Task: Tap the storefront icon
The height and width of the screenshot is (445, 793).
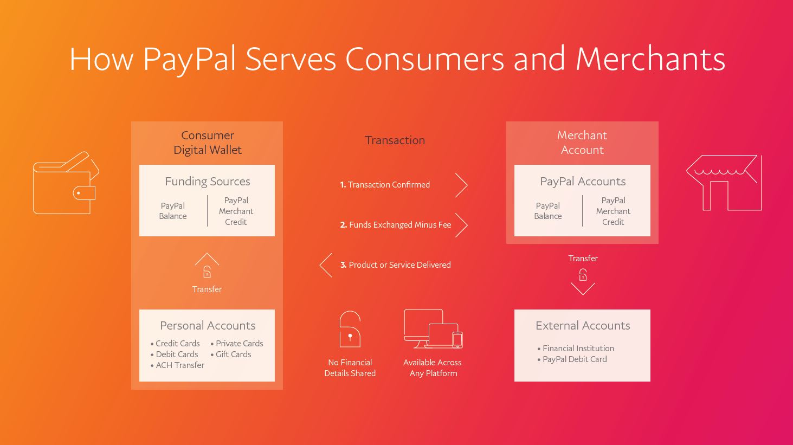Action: (724, 183)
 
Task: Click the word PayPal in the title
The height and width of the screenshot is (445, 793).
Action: (189, 59)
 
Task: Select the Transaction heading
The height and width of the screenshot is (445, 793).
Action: (395, 140)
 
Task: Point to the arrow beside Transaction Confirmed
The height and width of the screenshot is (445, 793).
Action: (461, 185)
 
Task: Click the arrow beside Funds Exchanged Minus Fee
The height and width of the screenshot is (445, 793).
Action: (461, 225)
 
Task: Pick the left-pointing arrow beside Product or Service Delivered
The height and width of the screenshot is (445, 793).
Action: (326, 265)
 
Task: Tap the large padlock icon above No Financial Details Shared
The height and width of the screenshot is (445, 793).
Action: (350, 329)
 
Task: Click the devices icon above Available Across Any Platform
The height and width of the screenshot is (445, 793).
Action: (433, 329)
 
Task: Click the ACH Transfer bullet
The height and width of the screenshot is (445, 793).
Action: (179, 365)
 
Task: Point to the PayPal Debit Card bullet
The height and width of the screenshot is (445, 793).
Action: (575, 359)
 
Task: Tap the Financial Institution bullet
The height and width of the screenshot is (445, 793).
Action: (578, 349)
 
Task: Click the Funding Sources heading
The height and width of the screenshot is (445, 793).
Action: (208, 182)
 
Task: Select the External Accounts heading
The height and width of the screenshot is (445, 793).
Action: (583, 326)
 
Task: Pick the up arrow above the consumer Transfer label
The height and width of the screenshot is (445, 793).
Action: (207, 259)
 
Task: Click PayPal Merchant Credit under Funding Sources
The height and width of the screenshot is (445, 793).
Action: (236, 211)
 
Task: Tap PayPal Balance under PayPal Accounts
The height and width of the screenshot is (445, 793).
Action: (548, 211)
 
